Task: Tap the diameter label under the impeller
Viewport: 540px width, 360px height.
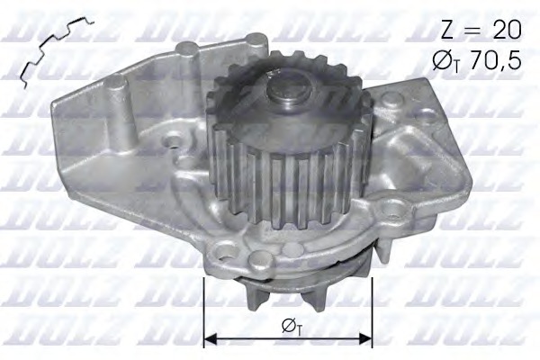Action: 289,326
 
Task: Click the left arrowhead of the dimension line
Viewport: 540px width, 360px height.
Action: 211,339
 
